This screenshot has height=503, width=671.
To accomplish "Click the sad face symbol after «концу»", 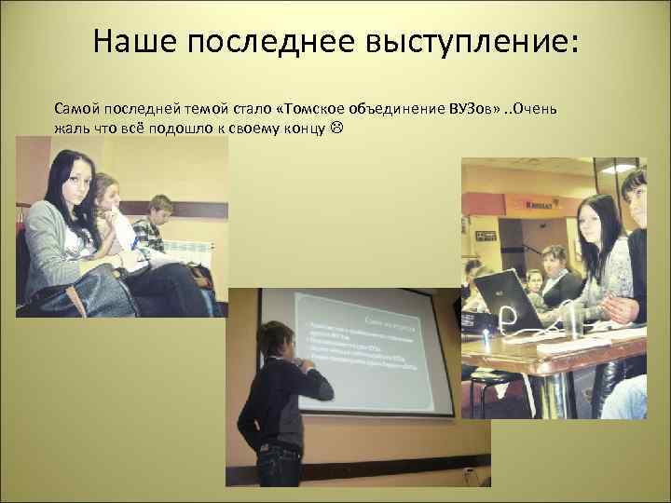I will pyautogui.click(x=335, y=126).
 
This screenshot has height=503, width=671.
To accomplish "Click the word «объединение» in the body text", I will pyautogui.click(x=402, y=109).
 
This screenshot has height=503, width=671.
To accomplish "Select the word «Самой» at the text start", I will pyautogui.click(x=75, y=109).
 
